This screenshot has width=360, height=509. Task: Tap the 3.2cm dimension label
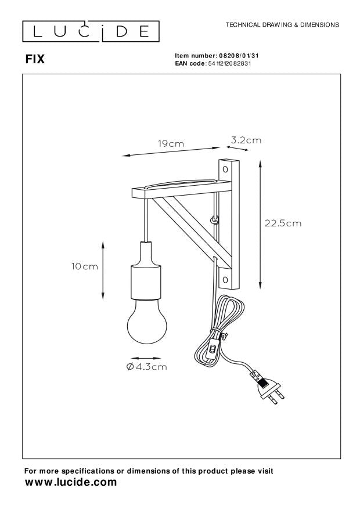pos(246,140)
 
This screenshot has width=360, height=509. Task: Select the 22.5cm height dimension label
pos(283,223)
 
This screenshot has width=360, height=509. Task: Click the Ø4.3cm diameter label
pos(146,366)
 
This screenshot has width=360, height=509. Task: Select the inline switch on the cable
pos(213,349)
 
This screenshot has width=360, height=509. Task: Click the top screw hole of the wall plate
pos(225,170)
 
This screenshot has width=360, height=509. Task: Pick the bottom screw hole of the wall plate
pos(225,279)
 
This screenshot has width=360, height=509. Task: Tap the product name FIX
pos(35,59)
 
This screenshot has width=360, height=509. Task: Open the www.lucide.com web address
pos(70,483)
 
